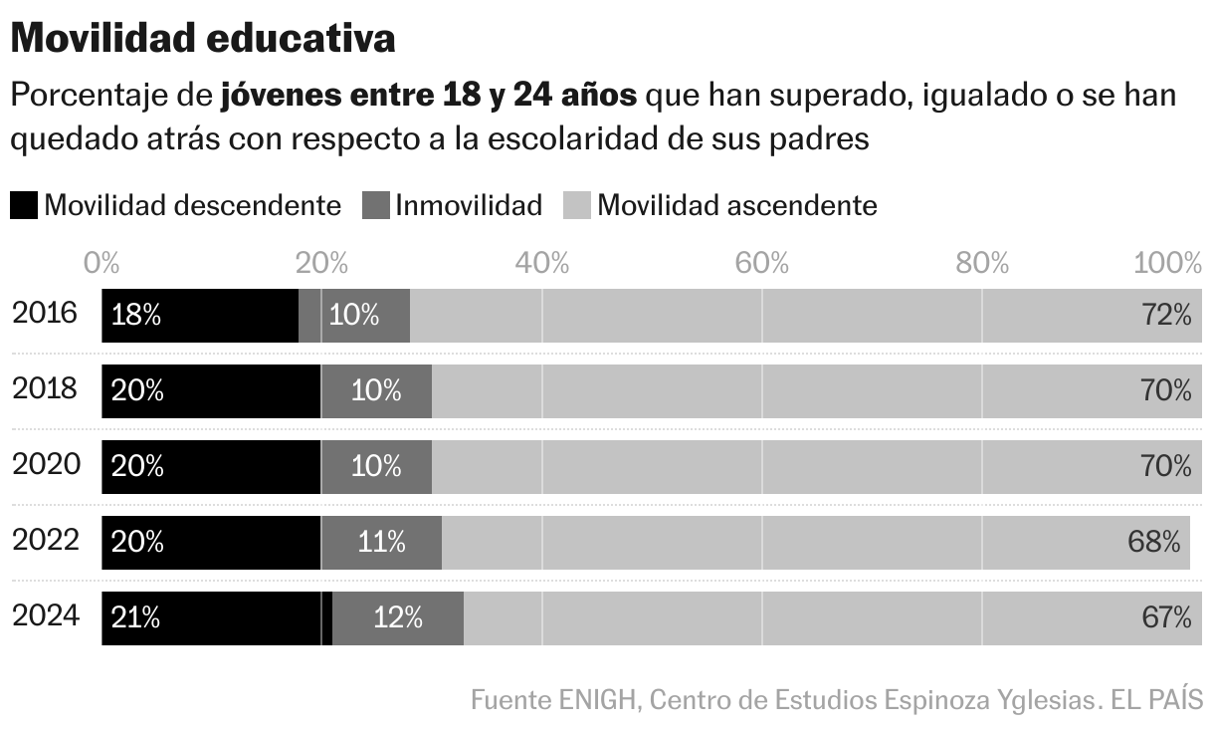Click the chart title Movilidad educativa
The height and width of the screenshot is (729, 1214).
point(203,39)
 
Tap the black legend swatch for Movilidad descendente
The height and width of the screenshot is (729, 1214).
point(24,206)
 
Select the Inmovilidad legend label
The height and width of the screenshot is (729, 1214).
point(469,206)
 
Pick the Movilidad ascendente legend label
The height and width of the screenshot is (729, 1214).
point(737,206)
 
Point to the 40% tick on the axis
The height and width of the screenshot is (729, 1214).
point(541,264)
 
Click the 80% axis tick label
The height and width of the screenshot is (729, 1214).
point(981,264)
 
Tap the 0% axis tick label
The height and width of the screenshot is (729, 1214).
point(101,264)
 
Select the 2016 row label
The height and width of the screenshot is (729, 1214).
point(45,314)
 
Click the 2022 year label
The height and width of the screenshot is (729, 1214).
point(45,541)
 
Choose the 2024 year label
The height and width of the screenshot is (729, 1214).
point(45,616)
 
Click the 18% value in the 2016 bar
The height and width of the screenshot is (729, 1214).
point(136,316)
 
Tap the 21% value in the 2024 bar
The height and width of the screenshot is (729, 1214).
point(136,618)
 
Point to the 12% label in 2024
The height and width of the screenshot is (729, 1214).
point(398,618)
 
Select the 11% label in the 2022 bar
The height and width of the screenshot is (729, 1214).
point(381,543)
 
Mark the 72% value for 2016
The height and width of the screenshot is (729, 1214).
point(1166,316)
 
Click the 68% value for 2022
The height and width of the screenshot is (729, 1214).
point(1154,543)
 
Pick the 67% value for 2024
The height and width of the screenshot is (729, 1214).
point(1166,618)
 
